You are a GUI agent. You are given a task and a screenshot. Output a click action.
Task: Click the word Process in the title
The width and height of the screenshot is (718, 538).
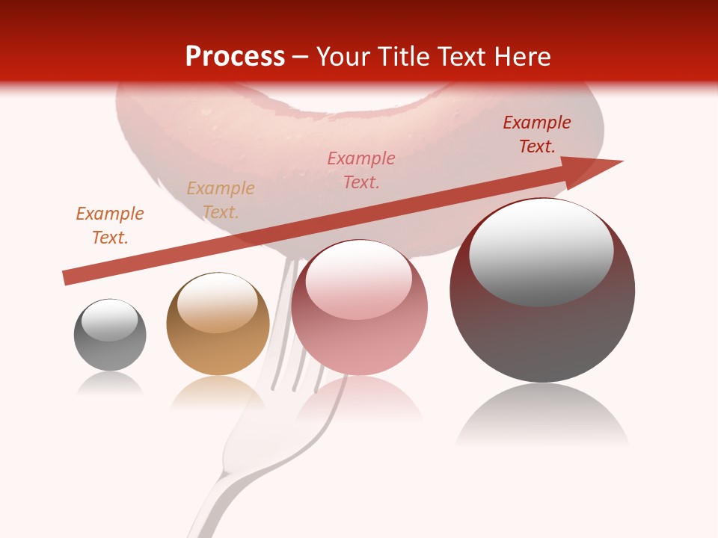(235, 57)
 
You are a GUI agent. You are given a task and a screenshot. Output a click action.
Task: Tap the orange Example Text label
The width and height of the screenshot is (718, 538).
(110, 226)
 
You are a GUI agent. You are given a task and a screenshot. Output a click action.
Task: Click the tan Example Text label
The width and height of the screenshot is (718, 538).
(221, 200)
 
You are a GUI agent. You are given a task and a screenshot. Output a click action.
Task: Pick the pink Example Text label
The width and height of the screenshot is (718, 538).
(361, 170)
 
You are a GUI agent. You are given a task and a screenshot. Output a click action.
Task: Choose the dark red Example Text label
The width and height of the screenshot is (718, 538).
(537, 134)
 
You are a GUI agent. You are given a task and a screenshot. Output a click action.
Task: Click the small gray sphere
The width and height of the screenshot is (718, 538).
(110, 344)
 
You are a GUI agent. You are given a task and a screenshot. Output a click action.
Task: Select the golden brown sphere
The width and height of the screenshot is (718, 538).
(218, 347)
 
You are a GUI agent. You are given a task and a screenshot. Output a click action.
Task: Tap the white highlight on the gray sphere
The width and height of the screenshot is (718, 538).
(110, 320)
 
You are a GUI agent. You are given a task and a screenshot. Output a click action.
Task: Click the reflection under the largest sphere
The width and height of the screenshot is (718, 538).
(542, 418)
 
